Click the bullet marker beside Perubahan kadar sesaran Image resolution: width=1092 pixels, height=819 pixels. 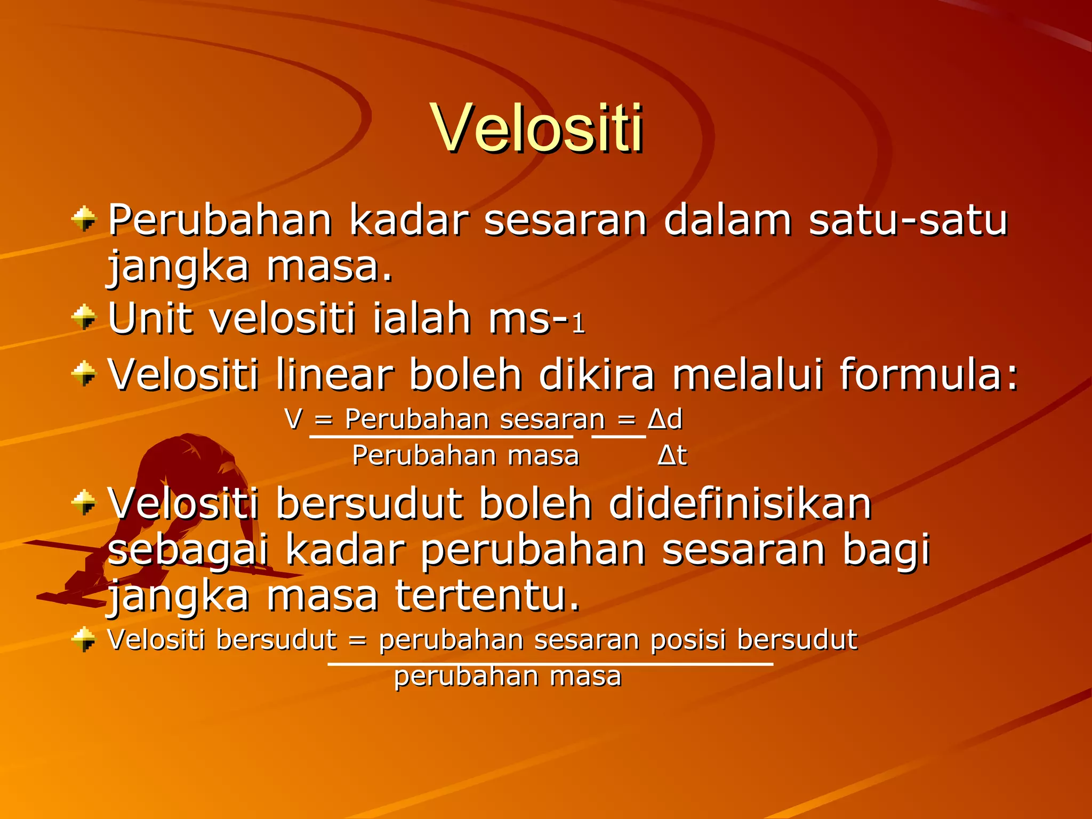tap(84, 219)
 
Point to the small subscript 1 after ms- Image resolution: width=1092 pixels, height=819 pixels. tap(579, 324)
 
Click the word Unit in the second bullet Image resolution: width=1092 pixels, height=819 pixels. tap(150, 318)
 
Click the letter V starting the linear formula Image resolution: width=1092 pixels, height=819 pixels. tap(293, 419)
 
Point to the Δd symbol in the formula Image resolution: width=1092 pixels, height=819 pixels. tap(665, 419)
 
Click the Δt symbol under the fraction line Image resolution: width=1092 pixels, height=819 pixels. tap(672, 456)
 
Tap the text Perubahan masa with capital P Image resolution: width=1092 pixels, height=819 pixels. tap(465, 456)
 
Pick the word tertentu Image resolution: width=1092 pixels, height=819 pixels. tap(487, 596)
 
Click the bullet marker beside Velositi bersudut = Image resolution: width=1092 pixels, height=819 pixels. tap(84, 639)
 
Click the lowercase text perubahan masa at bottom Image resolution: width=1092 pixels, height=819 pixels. tap(508, 676)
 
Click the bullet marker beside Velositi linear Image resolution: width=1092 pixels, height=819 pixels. tap(84, 373)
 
